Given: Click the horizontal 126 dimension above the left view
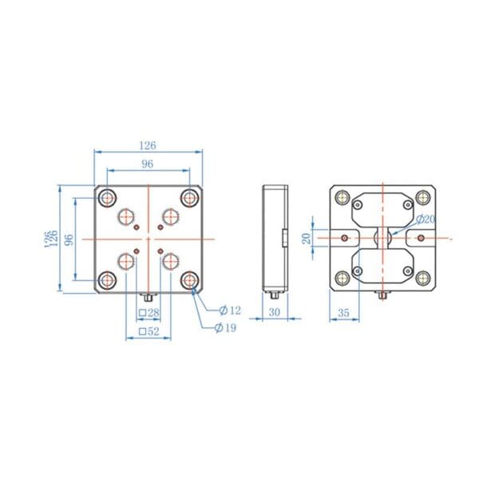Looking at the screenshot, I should pos(148,145).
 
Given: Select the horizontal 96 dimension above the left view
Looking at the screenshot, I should pos(148,164).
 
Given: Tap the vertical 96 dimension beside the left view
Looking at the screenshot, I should pos(69,239).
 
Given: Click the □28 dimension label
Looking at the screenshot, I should pos(149,312).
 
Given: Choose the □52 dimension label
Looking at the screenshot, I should pos(149,330).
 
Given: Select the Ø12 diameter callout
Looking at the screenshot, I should pos(230,309).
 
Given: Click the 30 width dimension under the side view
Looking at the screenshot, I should pos(275,312).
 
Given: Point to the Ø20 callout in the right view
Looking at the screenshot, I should pos(426,219).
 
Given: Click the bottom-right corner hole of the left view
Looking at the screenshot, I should pos(189,279).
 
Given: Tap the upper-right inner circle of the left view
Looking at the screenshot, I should pos(169,216).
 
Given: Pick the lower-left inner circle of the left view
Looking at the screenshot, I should pos(127,259).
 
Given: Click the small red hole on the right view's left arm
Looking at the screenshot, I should pos(344,238).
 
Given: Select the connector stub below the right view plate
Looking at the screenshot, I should pos(382,296).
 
